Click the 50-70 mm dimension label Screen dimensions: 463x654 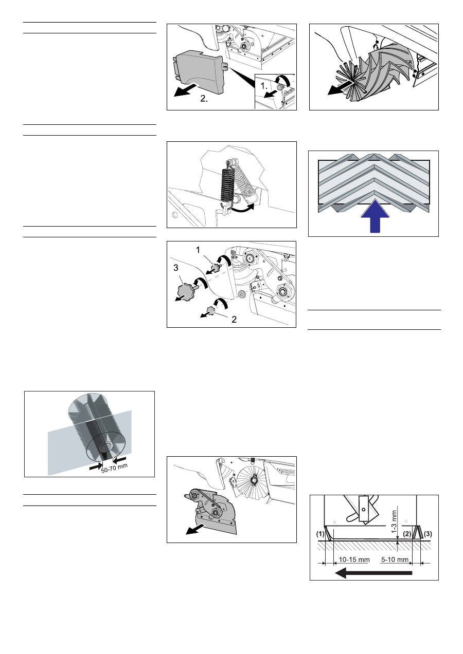click(115, 469)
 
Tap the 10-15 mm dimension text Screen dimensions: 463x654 click(354, 559)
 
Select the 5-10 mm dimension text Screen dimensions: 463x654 click(395, 559)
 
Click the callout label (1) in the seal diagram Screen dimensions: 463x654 click(320, 534)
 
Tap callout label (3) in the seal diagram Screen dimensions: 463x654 click(428, 534)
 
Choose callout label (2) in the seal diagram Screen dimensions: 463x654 click(407, 534)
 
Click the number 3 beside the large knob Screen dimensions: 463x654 click(175, 268)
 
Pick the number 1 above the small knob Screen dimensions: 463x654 click(198, 250)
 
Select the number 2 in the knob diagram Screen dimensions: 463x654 click(234, 320)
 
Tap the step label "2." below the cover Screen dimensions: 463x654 click(204, 99)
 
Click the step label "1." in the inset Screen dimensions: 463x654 click(264, 86)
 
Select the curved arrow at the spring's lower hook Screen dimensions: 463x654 click(241, 208)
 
